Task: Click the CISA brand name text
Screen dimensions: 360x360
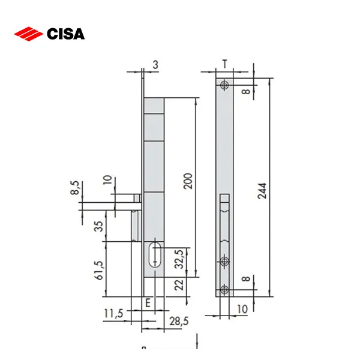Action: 65,34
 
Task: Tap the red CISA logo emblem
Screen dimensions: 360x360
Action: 28,34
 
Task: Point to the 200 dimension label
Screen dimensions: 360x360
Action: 188,180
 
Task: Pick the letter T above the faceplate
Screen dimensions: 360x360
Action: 224,64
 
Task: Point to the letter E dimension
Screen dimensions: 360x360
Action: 148,303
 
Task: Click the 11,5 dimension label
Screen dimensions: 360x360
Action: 113,313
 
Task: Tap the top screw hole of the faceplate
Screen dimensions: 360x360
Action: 224,85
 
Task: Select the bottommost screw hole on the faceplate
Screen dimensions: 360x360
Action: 224,289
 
